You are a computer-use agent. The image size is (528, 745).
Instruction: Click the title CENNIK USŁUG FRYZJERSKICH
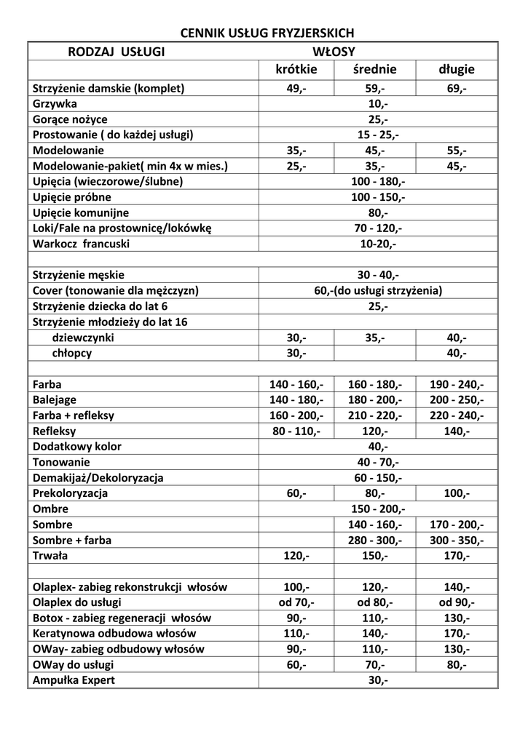coord(267,33)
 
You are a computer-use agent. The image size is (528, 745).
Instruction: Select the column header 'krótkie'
coord(296,70)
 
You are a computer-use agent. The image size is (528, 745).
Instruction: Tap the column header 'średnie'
coord(375,70)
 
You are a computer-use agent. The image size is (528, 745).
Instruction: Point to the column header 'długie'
coord(457,70)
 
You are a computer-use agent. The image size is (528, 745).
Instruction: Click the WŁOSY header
coord(334,51)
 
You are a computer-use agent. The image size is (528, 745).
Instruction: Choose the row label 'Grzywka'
coord(55,104)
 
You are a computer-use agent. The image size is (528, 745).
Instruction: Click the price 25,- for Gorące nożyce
coord(378,119)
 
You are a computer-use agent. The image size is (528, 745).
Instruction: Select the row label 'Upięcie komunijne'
coord(81,213)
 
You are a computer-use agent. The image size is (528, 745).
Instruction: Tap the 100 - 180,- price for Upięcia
coord(378,182)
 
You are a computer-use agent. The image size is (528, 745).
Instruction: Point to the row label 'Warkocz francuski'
coord(81,244)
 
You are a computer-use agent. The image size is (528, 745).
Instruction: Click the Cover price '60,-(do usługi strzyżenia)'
coord(378,291)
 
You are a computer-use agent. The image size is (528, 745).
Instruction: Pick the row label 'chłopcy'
coord(72,354)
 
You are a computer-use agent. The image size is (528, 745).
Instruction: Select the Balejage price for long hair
coord(457,400)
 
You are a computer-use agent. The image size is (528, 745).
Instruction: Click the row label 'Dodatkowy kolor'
coord(77,447)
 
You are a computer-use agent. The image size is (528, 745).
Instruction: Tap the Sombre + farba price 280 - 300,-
coord(375,541)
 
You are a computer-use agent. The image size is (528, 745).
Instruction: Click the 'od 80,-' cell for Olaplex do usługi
coord(375,603)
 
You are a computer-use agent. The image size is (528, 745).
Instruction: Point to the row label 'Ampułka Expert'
coord(74,681)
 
